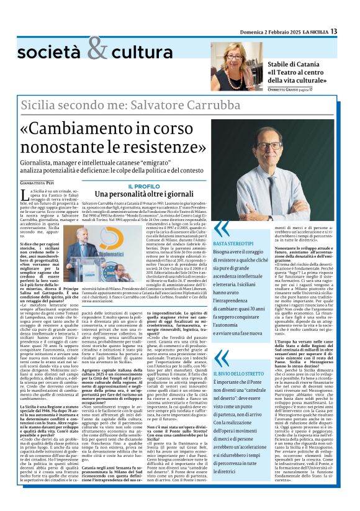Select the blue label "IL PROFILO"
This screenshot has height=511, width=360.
tap(143, 186)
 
